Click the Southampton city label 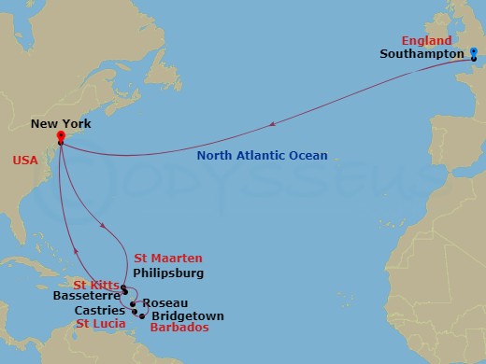pos(421,55)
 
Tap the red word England pos(427,41)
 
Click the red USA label pos(26,160)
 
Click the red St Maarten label pos(168,258)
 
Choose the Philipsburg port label pos(169,273)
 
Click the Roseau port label pos(165,302)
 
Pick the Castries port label pos(101,310)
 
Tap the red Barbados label pos(179,329)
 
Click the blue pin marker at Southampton pos(474,52)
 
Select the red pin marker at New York pos(59,136)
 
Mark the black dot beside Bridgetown pos(142,316)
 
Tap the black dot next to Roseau pos(134,303)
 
